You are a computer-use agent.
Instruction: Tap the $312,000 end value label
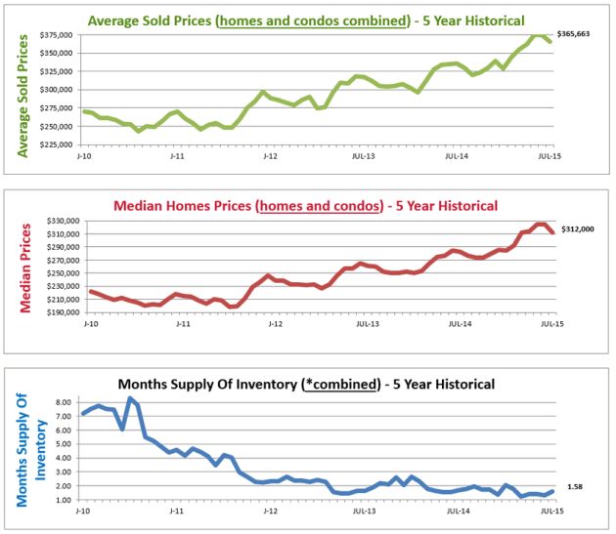point(577,229)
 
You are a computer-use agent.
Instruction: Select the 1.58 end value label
point(575,486)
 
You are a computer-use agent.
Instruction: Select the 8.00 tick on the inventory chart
point(64,401)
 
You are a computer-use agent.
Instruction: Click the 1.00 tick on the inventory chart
point(64,500)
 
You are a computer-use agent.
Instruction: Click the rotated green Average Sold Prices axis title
point(21,89)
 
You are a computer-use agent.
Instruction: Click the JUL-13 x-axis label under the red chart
point(368,323)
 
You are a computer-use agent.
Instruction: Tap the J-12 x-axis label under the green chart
point(267,154)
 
